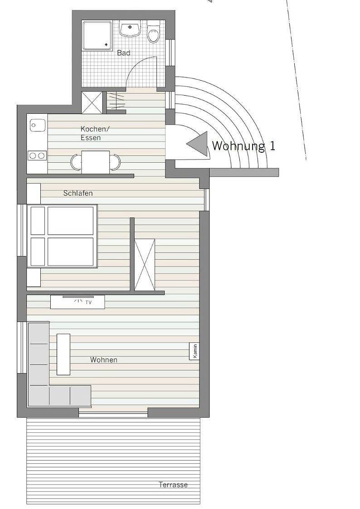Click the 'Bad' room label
(124, 53)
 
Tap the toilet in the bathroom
(154, 34)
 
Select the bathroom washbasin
(130, 29)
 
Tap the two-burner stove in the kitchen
(37, 156)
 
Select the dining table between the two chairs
(96, 162)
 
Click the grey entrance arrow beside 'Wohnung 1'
(198, 144)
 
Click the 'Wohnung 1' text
(243, 146)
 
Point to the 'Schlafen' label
(78, 194)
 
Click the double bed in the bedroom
(63, 236)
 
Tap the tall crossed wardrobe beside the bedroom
(145, 265)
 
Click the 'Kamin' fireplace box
(195, 351)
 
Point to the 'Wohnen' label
(104, 360)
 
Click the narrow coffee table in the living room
(63, 354)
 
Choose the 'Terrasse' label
(173, 485)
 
